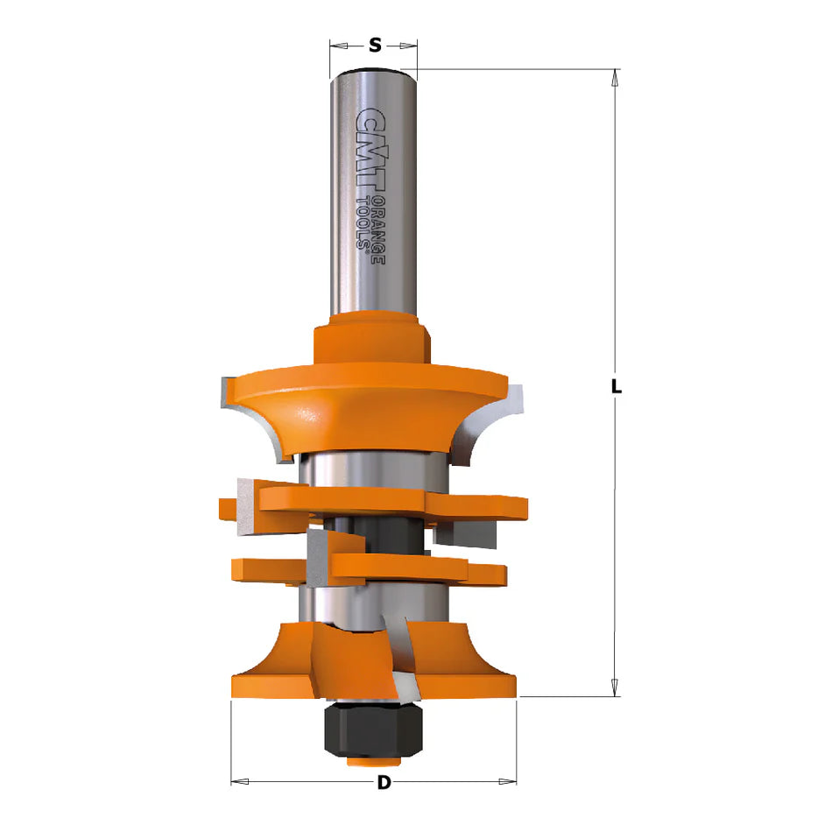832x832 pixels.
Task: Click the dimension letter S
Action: [375, 46]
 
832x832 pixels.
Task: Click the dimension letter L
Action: [616, 386]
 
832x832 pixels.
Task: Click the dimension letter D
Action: [384, 783]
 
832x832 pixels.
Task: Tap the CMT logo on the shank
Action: [370, 150]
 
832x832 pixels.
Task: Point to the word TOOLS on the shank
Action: [363, 222]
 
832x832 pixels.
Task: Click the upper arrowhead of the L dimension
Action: [615, 77]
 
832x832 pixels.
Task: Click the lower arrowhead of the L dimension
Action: [615, 687]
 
